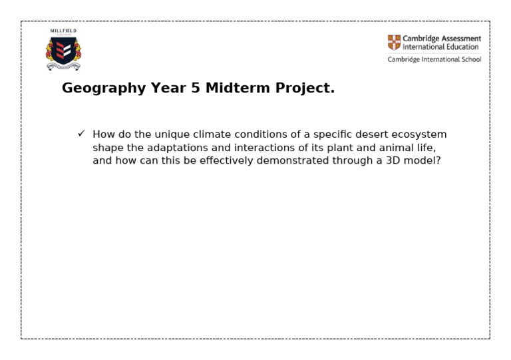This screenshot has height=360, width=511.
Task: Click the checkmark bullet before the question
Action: (x=81, y=134)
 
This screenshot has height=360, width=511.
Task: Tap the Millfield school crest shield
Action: (x=63, y=53)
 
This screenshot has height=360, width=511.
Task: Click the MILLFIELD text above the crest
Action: (x=63, y=31)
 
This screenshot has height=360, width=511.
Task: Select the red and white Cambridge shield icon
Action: (x=394, y=43)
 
